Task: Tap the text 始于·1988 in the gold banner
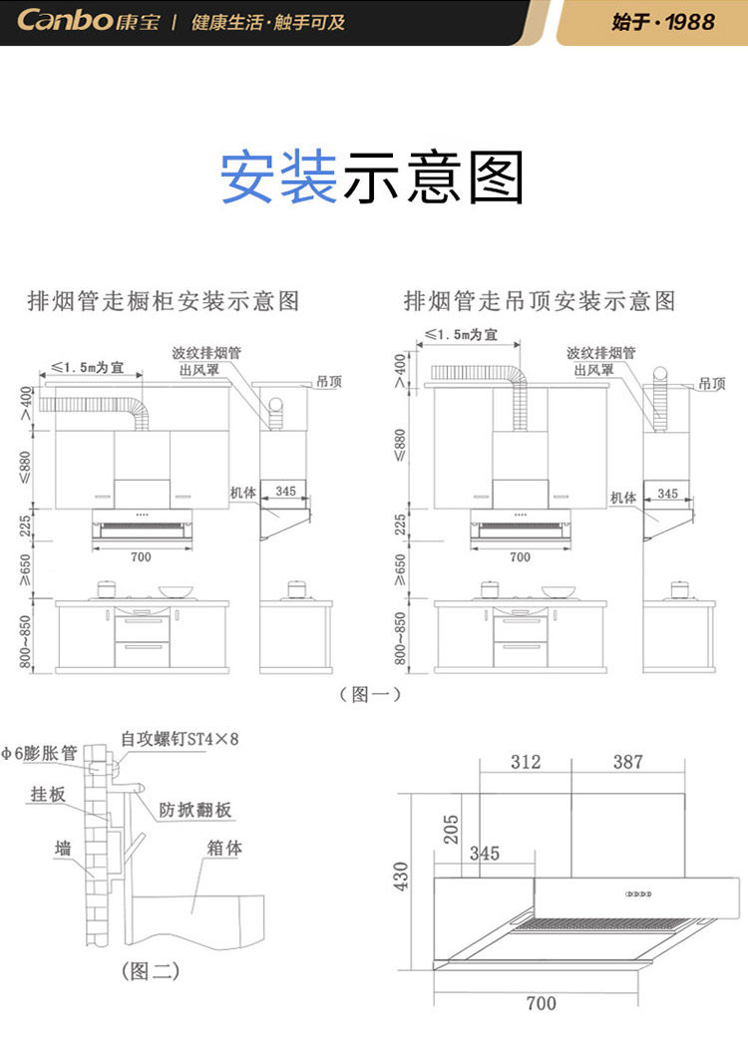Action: point(663,21)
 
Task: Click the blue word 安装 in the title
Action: point(278,177)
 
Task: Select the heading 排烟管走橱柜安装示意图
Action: point(163,300)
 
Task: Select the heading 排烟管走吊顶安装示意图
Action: point(540,300)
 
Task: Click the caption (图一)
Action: point(370,694)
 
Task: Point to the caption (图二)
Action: point(150,969)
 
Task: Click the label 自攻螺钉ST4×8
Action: point(181,739)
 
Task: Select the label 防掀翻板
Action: point(195,810)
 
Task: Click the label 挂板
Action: point(48,795)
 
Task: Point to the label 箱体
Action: point(225,849)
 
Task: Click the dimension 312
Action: point(526,762)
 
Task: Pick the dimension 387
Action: point(628,762)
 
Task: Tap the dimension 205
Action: point(452,829)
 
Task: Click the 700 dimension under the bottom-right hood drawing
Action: point(541,1003)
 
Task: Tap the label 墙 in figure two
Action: point(63,848)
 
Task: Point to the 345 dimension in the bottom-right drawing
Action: point(484,855)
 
